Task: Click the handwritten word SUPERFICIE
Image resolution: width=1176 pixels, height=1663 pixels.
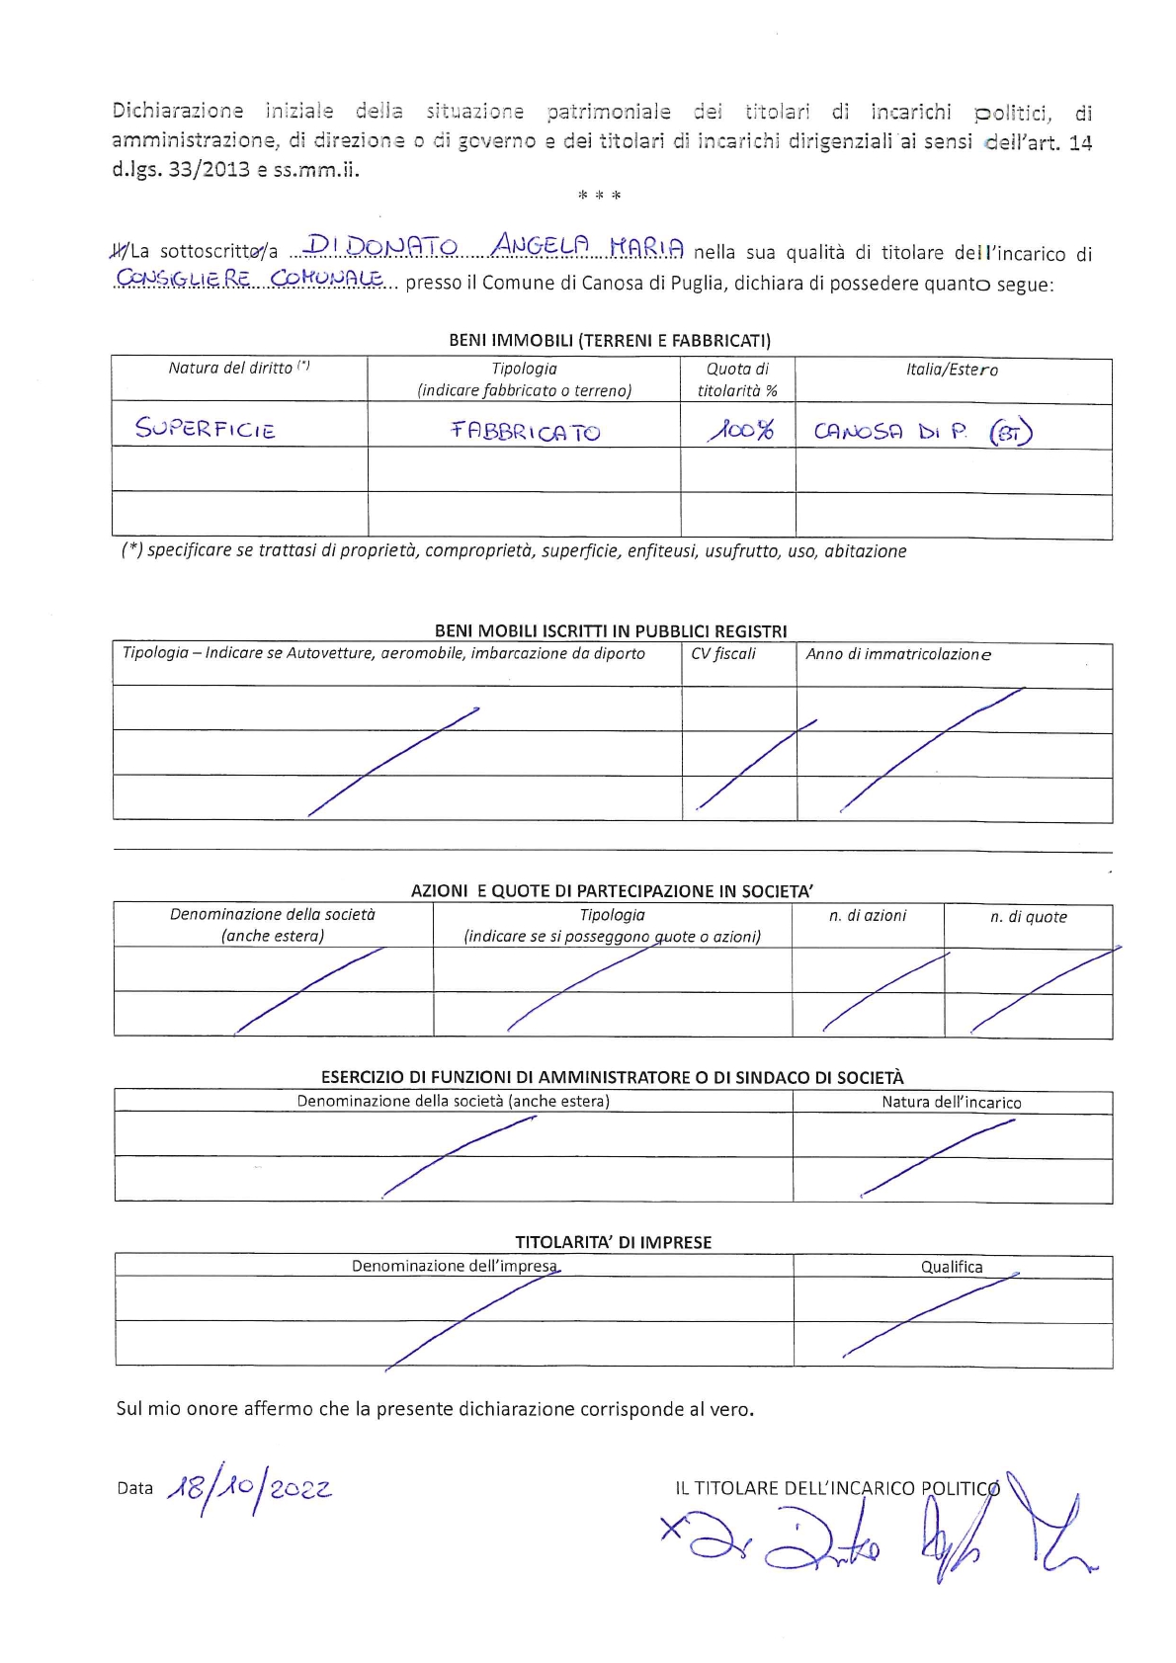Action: pos(206,429)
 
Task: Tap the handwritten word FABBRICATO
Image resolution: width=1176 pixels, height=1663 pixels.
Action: pos(525,431)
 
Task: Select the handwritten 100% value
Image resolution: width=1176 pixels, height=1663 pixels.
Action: pos(740,430)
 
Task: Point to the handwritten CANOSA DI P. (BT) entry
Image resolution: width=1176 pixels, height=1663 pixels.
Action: pos(922,432)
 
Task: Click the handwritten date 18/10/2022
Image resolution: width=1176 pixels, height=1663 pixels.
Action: pos(250,1489)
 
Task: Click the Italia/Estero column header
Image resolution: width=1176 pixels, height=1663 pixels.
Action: pos(952,370)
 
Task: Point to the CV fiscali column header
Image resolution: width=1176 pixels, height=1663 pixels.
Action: pos(723,653)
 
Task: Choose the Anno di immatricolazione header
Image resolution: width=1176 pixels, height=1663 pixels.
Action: pos(898,654)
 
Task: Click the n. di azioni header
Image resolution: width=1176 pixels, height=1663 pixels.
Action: pos(868,916)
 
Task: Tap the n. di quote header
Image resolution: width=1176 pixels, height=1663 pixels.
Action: pos(1029,917)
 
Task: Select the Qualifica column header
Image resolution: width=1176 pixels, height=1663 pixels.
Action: pos(952,1267)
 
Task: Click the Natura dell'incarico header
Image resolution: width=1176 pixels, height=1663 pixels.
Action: pos(952,1102)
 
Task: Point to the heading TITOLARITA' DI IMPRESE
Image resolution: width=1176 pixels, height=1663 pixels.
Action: pos(613,1242)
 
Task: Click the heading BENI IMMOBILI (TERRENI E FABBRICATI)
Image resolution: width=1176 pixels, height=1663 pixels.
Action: pos(610,340)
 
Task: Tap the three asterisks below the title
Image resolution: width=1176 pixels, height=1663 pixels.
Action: pos(600,196)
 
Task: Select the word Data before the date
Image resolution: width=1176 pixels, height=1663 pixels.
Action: pos(134,1488)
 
